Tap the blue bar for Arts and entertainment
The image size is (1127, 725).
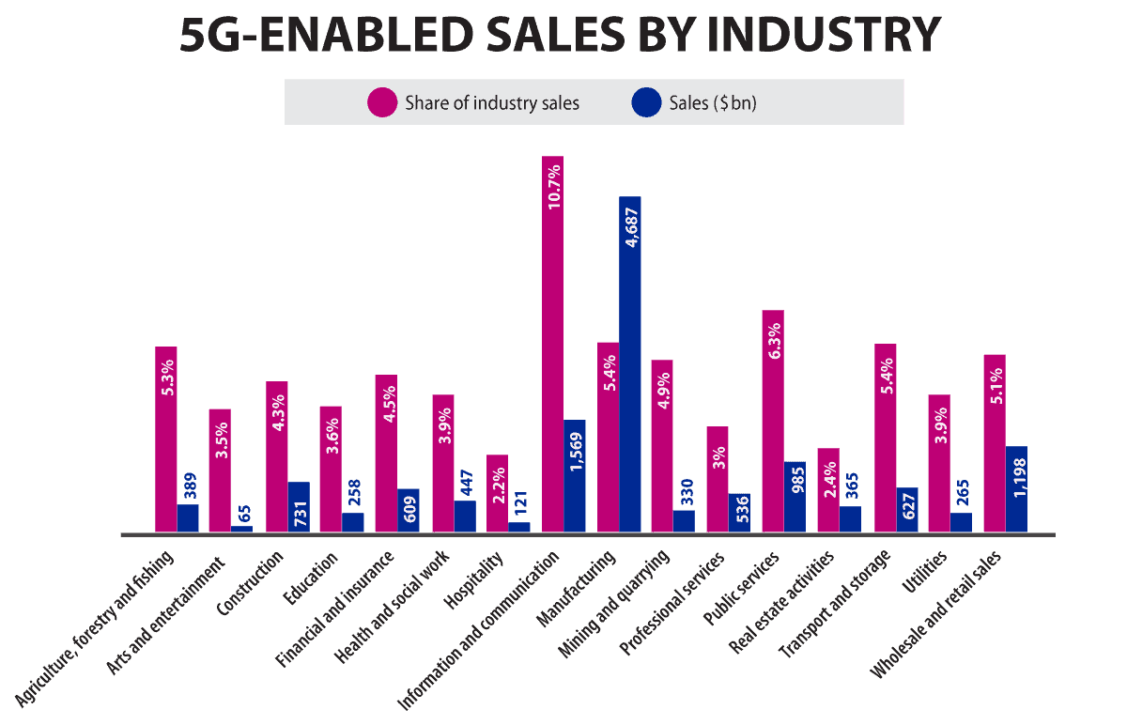[241, 530]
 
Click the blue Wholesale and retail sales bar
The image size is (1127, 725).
[1016, 490]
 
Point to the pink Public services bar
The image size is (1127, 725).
[773, 423]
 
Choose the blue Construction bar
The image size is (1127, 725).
[299, 508]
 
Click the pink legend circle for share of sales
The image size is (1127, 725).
[381, 102]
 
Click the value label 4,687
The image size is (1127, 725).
[631, 226]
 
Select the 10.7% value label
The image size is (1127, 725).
[554, 187]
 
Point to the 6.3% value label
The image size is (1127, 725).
[774, 341]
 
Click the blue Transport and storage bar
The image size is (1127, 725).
[907, 511]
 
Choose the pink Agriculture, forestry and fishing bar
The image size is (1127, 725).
[167, 441]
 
